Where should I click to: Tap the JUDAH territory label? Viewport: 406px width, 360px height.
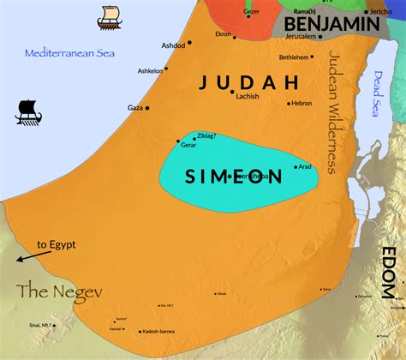point(248,82)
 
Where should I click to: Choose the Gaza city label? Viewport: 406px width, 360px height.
point(135,108)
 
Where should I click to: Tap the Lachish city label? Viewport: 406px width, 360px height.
point(247,97)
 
